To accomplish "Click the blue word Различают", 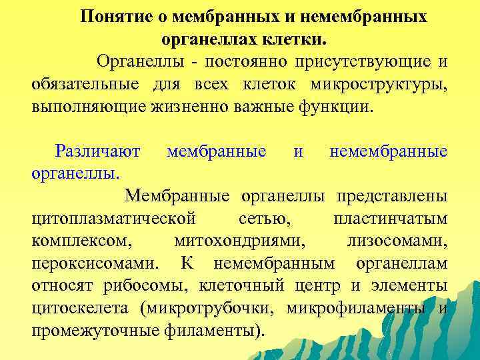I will [98, 151].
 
